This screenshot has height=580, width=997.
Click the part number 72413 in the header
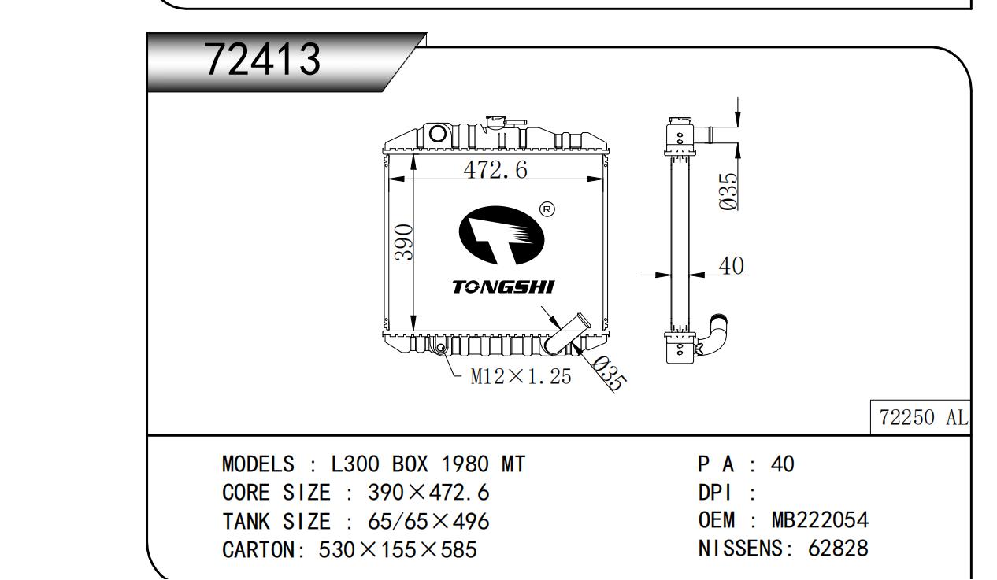pyautogui.click(x=263, y=60)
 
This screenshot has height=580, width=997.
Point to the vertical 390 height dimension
pyautogui.click(x=404, y=244)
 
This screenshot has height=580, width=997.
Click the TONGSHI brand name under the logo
pyautogui.click(x=502, y=286)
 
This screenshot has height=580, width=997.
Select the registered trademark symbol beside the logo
pyautogui.click(x=547, y=209)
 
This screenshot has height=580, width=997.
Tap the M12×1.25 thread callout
pyautogui.click(x=521, y=377)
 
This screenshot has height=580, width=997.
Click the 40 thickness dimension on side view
pyautogui.click(x=731, y=267)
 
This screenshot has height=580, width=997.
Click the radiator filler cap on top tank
pyautogui.click(x=497, y=123)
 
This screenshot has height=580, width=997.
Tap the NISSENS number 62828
pyautogui.click(x=839, y=548)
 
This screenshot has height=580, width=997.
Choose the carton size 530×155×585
pyautogui.click(x=398, y=549)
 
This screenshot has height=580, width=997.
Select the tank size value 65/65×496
pyautogui.click(x=428, y=521)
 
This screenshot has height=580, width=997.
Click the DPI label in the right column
pyautogui.click(x=715, y=493)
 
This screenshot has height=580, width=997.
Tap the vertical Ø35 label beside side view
pyautogui.click(x=730, y=191)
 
